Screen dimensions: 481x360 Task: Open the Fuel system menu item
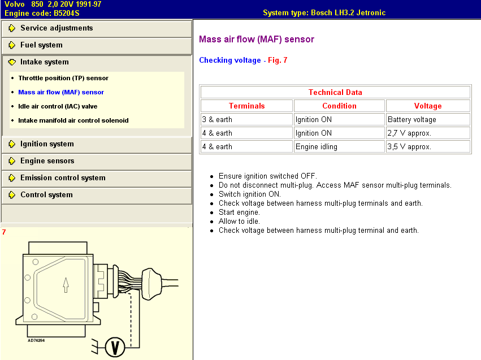pos(41,45)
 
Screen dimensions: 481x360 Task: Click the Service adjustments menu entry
pos(57,28)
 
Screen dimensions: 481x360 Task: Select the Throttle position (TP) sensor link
pos(63,78)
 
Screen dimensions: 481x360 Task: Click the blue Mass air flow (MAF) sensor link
pos(61,92)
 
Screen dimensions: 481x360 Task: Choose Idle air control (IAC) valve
pos(58,106)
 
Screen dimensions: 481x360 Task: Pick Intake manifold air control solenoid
pos(73,120)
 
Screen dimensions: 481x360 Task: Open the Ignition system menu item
pos(47,144)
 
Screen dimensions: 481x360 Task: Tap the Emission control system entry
pos(63,177)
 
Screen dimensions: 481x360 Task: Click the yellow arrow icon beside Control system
pos(12,195)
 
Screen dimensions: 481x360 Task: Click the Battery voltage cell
pos(428,119)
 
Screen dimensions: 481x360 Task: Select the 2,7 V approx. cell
pos(428,133)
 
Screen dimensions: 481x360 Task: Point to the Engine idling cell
pos(339,146)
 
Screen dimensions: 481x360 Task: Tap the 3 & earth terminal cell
pos(246,119)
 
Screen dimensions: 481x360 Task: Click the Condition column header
pos(339,106)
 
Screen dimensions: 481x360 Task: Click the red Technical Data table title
pos(335,92)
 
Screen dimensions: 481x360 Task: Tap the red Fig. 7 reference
pos(278,60)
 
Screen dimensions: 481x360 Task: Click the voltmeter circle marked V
pos(115,347)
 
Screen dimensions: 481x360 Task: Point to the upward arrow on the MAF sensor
pos(66,285)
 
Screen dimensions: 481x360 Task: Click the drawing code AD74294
pos(36,340)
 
